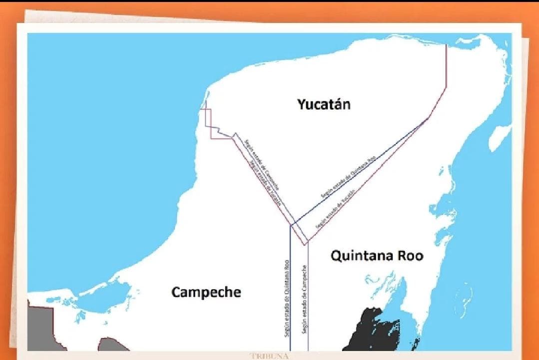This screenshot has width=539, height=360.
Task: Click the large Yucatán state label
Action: pyautogui.click(x=324, y=104)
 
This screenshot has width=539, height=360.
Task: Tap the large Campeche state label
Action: pyautogui.click(x=206, y=292)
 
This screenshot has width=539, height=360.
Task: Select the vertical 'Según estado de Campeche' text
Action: pyautogui.click(x=304, y=300)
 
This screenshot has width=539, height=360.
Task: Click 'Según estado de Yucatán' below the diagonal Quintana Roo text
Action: pyautogui.click(x=335, y=209)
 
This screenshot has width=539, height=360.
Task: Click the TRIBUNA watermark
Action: pyautogui.click(x=269, y=356)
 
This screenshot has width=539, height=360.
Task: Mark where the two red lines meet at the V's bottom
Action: pyautogui.click(x=307, y=243)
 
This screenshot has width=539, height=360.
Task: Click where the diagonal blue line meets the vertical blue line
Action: pyautogui.click(x=291, y=225)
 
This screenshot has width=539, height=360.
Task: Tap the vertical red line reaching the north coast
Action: pyautogui.click(x=446, y=65)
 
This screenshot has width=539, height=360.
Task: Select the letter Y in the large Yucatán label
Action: pyautogui.click(x=301, y=104)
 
